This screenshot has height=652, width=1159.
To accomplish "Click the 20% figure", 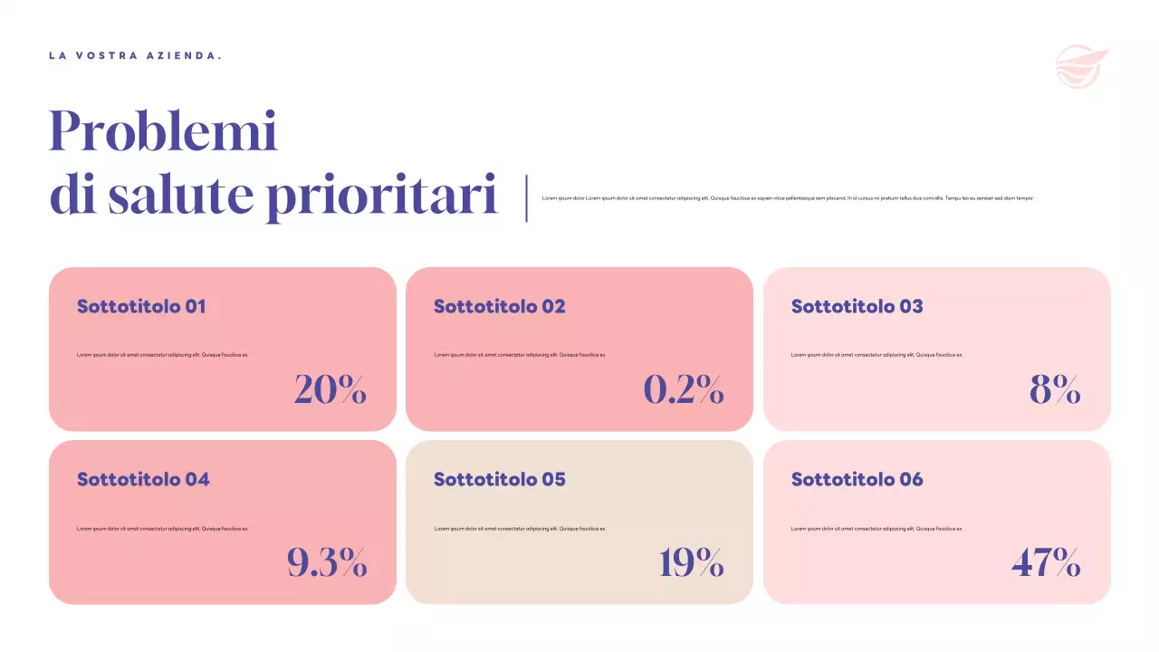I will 330,389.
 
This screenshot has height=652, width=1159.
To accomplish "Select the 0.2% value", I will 684,389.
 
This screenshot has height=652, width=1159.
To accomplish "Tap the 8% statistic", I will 1055,389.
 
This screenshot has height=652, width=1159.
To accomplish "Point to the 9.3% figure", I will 327,562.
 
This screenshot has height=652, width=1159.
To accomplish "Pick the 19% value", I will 692,562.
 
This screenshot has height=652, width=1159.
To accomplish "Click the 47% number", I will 1046,562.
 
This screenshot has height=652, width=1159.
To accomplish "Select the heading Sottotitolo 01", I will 141,306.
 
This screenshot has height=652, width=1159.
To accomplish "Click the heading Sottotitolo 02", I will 499,306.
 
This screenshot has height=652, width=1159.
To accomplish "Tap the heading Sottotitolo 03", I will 857,306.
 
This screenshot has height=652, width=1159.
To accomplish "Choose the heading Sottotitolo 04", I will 143,479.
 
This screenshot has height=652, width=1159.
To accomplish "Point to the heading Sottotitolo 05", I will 499,479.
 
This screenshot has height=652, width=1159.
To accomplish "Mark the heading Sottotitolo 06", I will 857,479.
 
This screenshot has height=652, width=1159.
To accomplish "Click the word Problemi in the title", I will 163,131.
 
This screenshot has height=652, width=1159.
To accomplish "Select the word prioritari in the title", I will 381,197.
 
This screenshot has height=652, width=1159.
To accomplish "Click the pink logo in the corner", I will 1081,66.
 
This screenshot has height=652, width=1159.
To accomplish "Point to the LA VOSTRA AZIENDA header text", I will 135,56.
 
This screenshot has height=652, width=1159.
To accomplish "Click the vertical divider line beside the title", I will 526,198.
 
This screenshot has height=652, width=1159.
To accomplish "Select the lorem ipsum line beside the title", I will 788,197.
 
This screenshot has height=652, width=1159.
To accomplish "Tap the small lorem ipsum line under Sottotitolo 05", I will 520,528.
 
